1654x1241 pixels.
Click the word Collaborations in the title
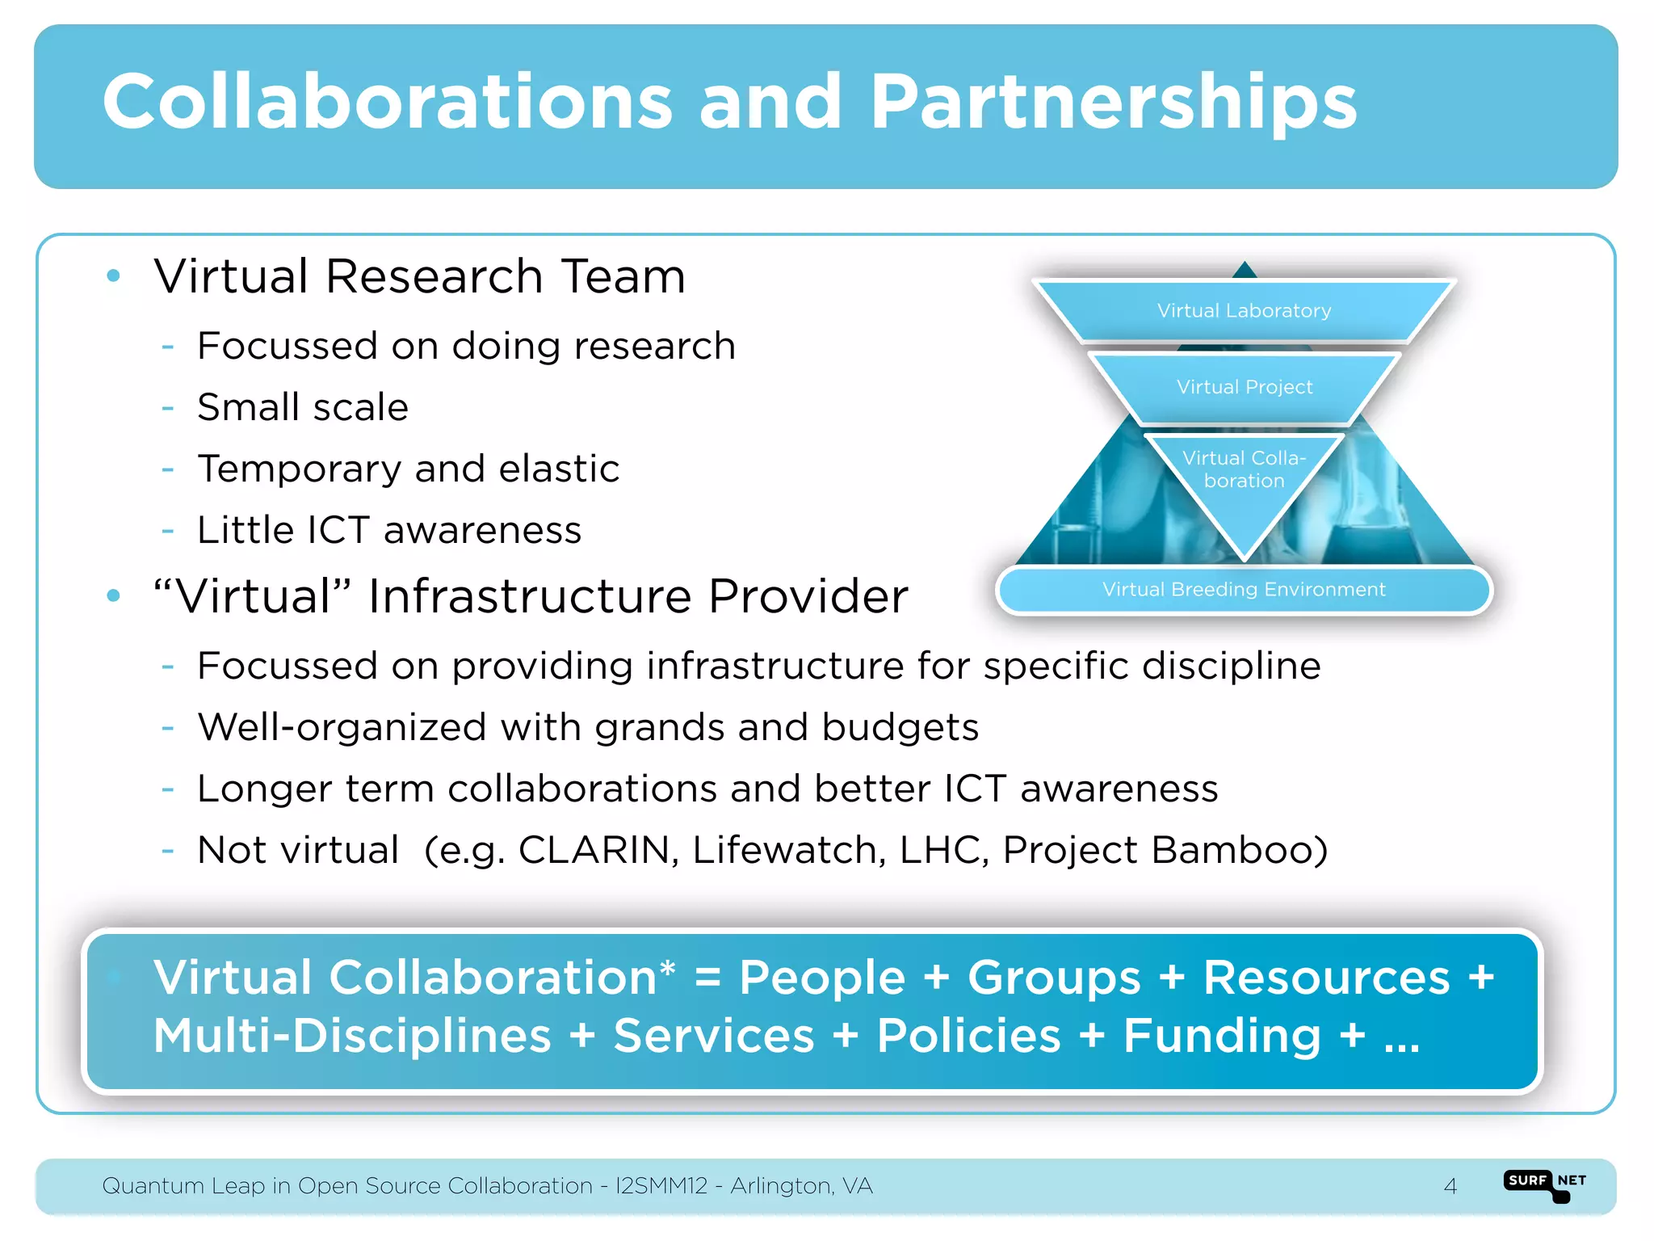pos(388,103)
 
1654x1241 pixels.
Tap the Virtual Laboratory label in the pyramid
pos(1244,311)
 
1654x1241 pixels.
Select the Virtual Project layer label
pos(1245,387)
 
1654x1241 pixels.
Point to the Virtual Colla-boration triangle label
pos(1244,469)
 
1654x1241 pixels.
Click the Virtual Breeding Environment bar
pos(1244,590)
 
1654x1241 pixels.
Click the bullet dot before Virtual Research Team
pos(114,276)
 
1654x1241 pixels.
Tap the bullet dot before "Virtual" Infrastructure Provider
pos(114,596)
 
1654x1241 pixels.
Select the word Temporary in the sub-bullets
pos(299,469)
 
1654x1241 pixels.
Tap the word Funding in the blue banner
pos(1222,1036)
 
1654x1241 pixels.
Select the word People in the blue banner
pos(822,978)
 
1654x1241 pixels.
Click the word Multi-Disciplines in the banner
pos(352,1036)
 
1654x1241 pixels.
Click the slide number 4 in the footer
pos(1450,1186)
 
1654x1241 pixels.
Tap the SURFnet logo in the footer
pos(1545,1184)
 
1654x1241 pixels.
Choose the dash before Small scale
pos(168,408)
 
